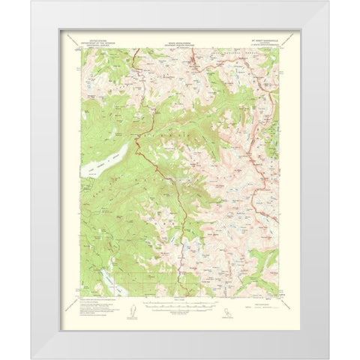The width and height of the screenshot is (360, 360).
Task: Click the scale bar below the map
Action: coord(179,306)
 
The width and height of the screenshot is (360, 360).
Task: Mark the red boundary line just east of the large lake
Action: coord(139,142)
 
